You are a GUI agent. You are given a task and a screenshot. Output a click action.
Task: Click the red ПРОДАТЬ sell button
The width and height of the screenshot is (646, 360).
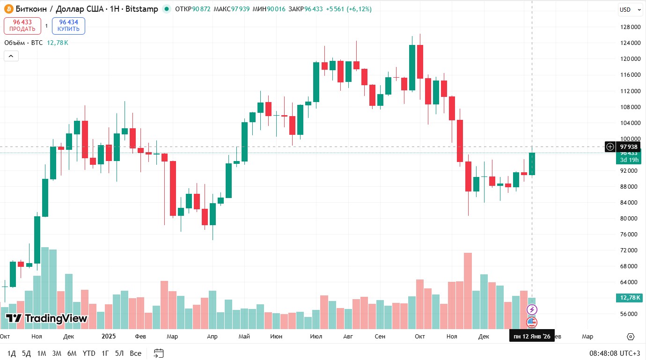(22, 26)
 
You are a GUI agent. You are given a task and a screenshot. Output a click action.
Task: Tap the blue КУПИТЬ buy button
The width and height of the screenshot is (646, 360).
(68, 26)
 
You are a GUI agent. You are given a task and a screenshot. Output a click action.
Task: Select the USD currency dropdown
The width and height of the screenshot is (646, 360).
(629, 10)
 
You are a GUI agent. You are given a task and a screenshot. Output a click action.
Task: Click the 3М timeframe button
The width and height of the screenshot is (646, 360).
(57, 353)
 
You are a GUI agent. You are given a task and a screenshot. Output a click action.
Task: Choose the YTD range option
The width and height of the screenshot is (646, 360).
(89, 353)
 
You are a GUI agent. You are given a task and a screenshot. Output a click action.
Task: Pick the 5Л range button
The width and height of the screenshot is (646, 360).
(119, 353)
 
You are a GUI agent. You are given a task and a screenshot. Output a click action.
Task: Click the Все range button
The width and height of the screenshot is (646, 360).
(135, 353)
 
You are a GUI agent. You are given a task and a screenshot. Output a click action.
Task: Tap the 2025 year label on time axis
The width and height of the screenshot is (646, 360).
(109, 337)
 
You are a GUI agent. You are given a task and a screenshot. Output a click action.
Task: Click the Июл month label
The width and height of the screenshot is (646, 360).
(316, 337)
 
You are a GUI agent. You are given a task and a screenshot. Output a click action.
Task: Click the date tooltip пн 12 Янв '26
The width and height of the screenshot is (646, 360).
(532, 337)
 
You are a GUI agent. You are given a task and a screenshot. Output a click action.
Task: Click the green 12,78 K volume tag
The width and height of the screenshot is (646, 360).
(629, 298)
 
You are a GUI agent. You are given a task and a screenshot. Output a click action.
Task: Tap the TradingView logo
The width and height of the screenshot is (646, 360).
(46, 319)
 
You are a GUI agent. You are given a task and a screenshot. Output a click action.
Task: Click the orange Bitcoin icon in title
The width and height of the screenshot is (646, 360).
(8, 9)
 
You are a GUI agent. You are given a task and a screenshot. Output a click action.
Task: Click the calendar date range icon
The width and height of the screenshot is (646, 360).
(159, 353)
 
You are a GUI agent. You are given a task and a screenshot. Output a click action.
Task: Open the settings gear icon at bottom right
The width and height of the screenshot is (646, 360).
(630, 337)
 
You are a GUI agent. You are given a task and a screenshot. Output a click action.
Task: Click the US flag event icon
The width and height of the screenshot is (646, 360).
(532, 322)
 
